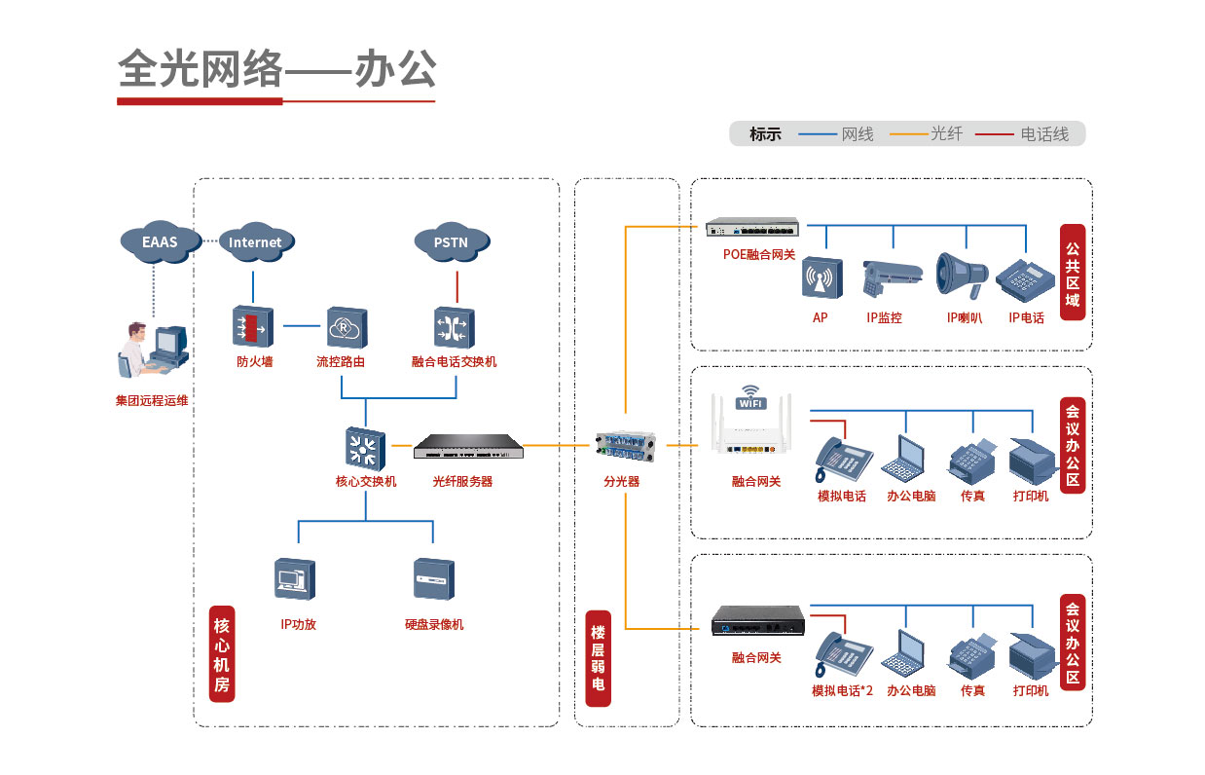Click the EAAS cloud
click(160, 240)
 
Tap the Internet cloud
click(254, 241)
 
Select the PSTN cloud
click(451, 241)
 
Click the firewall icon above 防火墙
click(253, 326)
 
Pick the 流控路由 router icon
click(346, 327)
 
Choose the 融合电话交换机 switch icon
click(454, 327)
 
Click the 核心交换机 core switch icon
click(364, 448)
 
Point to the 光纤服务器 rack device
click(468, 447)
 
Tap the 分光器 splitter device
click(625, 450)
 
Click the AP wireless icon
click(821, 278)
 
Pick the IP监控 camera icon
click(889, 277)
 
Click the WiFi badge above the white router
click(750, 399)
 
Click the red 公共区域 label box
click(1072, 274)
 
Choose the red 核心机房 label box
click(223, 653)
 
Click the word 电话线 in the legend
click(1044, 134)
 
